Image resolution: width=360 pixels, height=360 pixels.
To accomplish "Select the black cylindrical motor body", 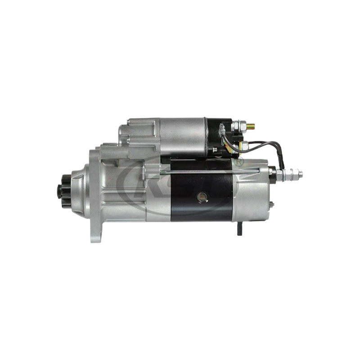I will point(202,189).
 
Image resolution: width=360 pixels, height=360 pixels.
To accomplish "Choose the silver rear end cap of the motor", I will point(254,193).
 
